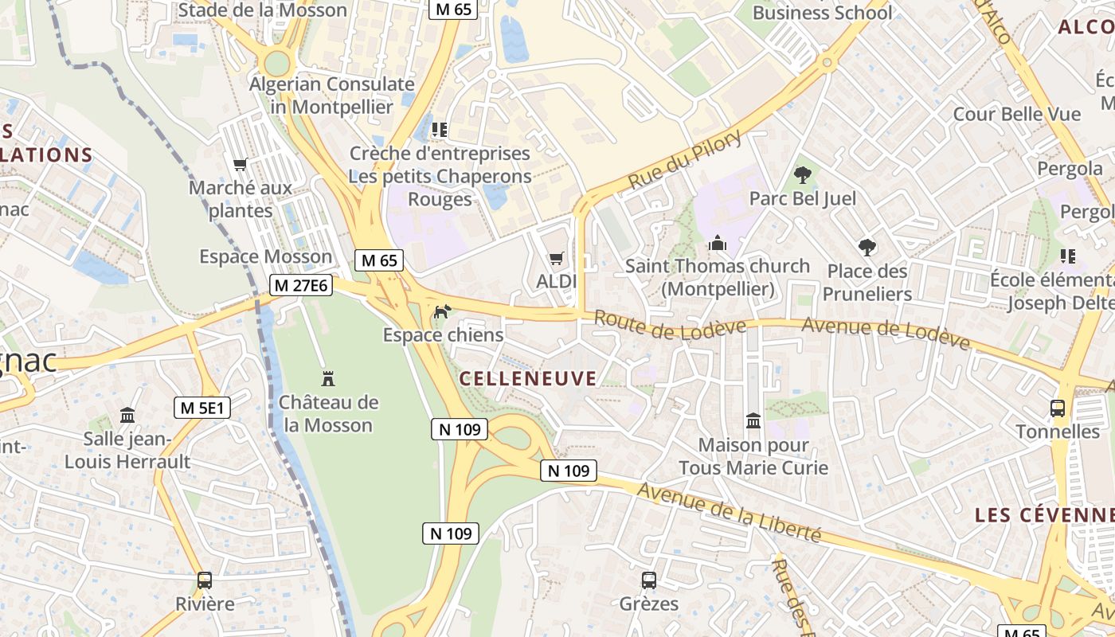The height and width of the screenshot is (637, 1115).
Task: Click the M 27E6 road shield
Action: point(300,285)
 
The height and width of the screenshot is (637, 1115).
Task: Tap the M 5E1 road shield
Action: point(202,408)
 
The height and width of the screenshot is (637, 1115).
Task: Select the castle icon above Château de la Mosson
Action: point(327,378)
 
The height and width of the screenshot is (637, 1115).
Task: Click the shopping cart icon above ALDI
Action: point(556,258)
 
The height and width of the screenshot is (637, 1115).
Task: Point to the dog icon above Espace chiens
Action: point(441,311)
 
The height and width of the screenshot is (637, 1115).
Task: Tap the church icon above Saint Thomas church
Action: point(718,242)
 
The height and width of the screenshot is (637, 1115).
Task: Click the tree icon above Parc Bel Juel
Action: point(802,174)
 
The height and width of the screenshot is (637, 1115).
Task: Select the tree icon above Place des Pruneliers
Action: point(867,248)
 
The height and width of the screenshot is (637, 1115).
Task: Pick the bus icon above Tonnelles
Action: point(1058,408)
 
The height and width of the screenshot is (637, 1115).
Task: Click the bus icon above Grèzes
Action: point(649,580)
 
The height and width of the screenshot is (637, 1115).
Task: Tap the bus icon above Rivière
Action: point(205,580)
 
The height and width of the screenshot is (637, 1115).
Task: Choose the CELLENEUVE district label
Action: point(528,378)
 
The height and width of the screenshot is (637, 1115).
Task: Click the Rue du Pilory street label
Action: point(685,160)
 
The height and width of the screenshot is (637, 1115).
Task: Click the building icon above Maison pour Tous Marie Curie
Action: point(753,420)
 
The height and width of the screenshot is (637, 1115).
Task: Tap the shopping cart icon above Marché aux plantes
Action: point(240,165)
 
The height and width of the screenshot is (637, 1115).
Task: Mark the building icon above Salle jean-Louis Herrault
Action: point(127,415)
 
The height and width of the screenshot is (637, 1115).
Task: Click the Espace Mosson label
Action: point(265,256)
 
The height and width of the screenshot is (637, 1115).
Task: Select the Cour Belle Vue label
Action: point(1017,114)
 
